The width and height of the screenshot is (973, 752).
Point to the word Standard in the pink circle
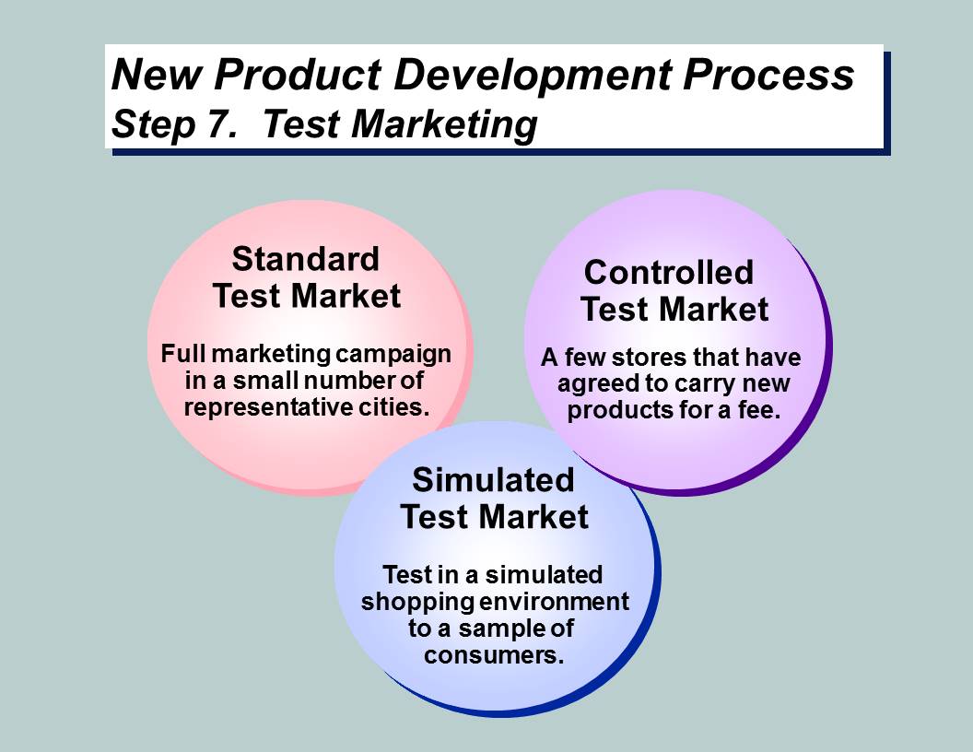click(x=305, y=259)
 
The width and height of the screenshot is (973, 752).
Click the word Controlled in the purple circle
click(x=669, y=273)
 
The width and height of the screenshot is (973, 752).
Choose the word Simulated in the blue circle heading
click(x=493, y=479)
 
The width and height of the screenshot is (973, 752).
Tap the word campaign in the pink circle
click(x=394, y=355)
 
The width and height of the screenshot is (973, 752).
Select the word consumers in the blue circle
click(x=494, y=655)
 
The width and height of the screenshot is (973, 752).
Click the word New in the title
click(x=157, y=75)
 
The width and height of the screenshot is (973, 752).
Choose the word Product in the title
click(x=298, y=75)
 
